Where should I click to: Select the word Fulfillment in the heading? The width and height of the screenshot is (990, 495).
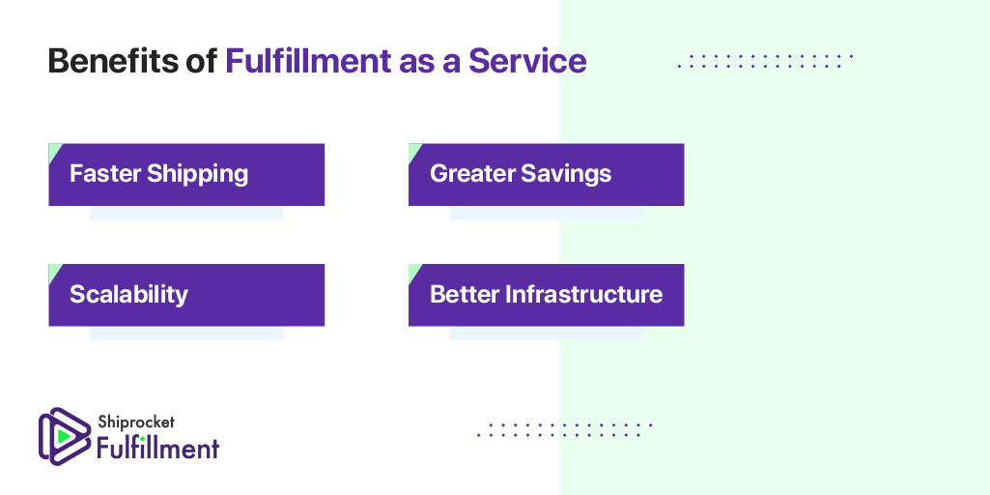click(307, 61)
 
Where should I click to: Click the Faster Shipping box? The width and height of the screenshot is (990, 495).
click(186, 175)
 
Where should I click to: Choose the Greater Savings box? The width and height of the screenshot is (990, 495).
click(546, 175)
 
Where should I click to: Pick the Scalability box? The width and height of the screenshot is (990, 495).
click(186, 295)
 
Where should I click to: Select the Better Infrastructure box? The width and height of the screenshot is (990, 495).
click(546, 295)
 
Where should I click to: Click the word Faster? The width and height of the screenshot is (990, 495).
click(105, 174)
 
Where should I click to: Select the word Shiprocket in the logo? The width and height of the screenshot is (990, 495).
click(135, 422)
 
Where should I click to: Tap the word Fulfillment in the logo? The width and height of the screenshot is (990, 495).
click(157, 448)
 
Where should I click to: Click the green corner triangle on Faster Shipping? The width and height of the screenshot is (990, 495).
click(53, 149)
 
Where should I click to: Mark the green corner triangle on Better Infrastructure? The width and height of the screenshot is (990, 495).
click(413, 269)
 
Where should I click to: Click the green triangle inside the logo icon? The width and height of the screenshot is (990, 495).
click(63, 436)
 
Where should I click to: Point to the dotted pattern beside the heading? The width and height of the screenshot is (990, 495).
click(765, 61)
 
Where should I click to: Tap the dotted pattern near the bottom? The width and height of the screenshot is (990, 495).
click(565, 429)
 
